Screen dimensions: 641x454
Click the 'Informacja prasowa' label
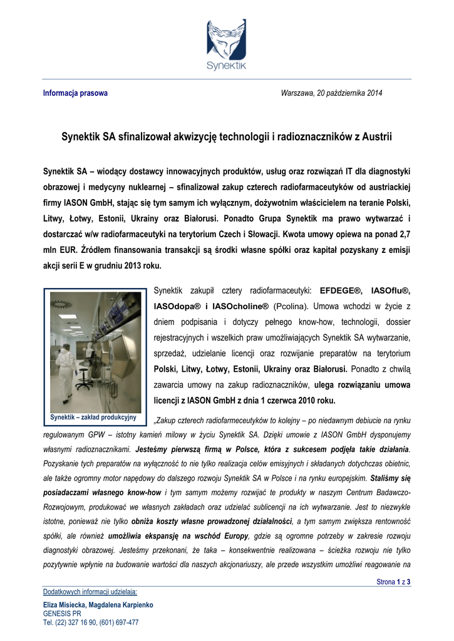pos(75,93)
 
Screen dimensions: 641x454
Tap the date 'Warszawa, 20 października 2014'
pos(331,93)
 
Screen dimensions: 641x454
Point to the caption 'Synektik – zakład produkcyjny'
pos(93,418)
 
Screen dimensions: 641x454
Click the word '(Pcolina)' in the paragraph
pos(292,307)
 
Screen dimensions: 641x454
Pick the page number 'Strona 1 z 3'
pos(393,582)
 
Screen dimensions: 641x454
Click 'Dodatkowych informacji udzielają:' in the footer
pos(90,592)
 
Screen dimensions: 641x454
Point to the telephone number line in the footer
pos(91,623)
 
